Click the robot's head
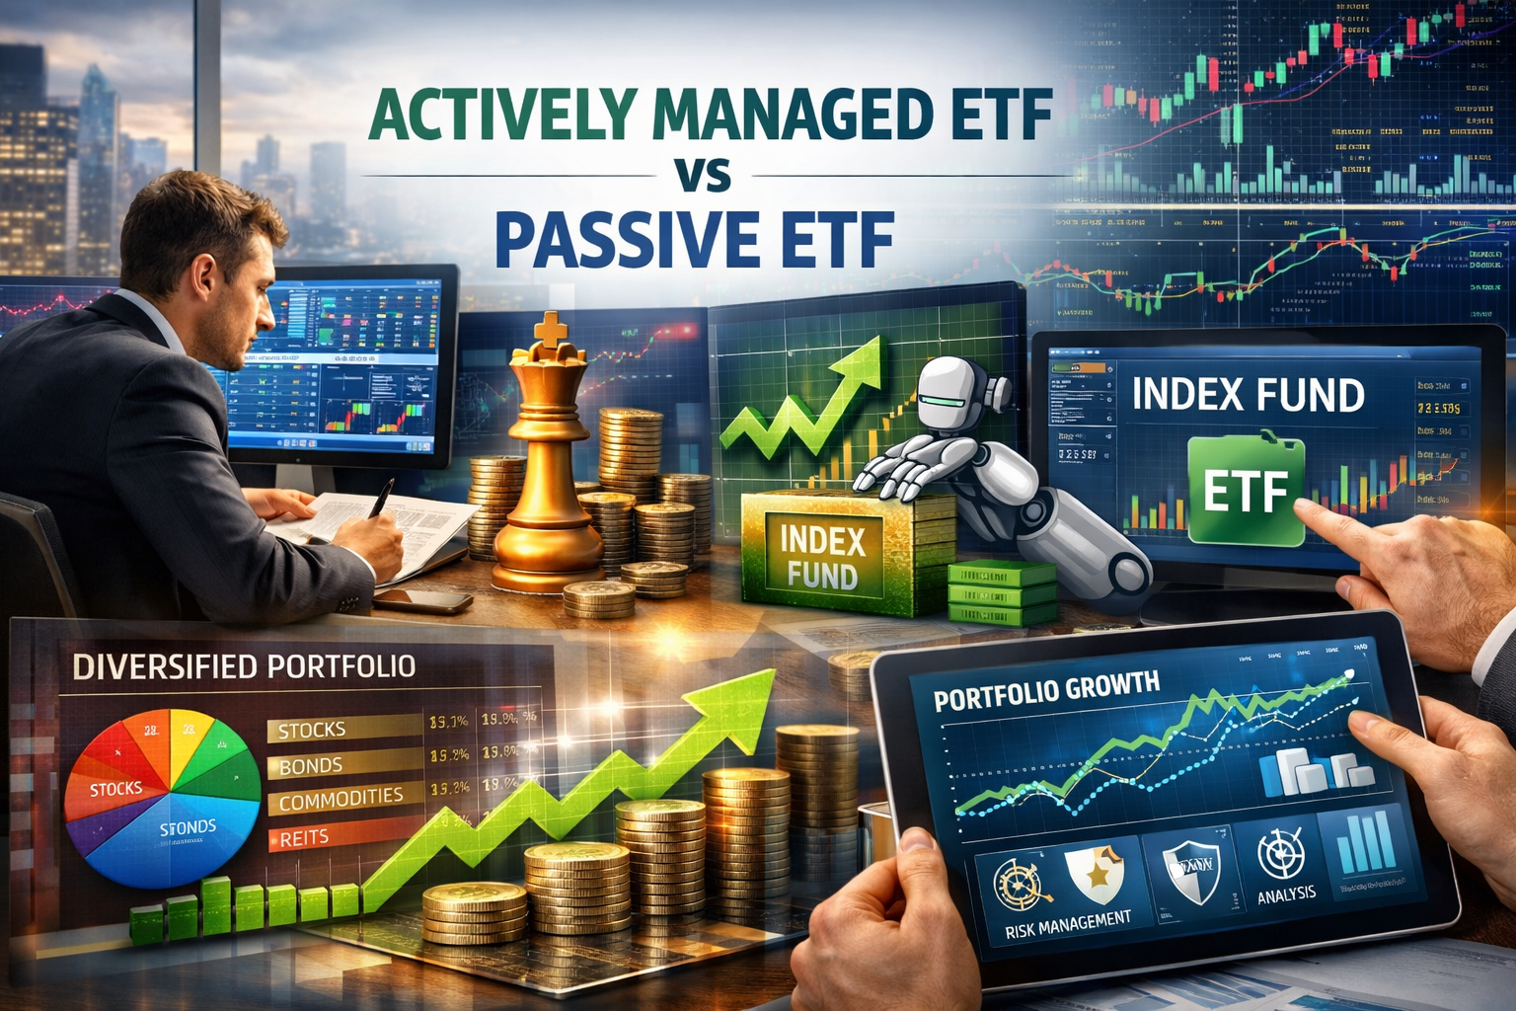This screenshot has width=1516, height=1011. (951, 395)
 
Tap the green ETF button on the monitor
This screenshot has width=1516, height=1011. (1246, 491)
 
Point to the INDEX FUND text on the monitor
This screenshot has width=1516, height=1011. (1248, 395)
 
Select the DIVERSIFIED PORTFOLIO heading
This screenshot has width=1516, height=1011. (244, 667)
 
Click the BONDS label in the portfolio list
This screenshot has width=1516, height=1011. (311, 766)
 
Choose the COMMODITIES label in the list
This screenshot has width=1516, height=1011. (341, 798)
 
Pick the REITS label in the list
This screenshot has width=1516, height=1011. (304, 838)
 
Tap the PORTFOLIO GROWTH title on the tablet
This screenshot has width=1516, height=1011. (1046, 691)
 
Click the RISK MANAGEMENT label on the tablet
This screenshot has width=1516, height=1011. (1068, 924)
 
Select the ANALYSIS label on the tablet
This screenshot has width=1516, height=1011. (1286, 894)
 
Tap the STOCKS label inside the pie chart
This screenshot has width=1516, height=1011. (115, 789)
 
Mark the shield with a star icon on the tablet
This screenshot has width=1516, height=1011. (1095, 874)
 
